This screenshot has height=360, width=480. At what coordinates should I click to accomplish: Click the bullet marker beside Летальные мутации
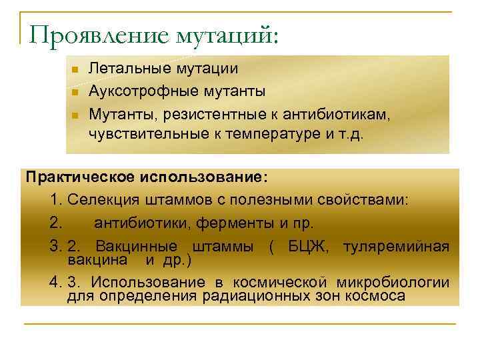76,69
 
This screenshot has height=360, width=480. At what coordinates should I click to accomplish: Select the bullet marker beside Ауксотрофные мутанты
76,92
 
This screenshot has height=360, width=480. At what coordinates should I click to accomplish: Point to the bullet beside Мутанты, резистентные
76,115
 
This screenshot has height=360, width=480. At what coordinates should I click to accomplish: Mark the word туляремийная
396,246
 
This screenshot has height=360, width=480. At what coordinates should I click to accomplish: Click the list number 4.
54,283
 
